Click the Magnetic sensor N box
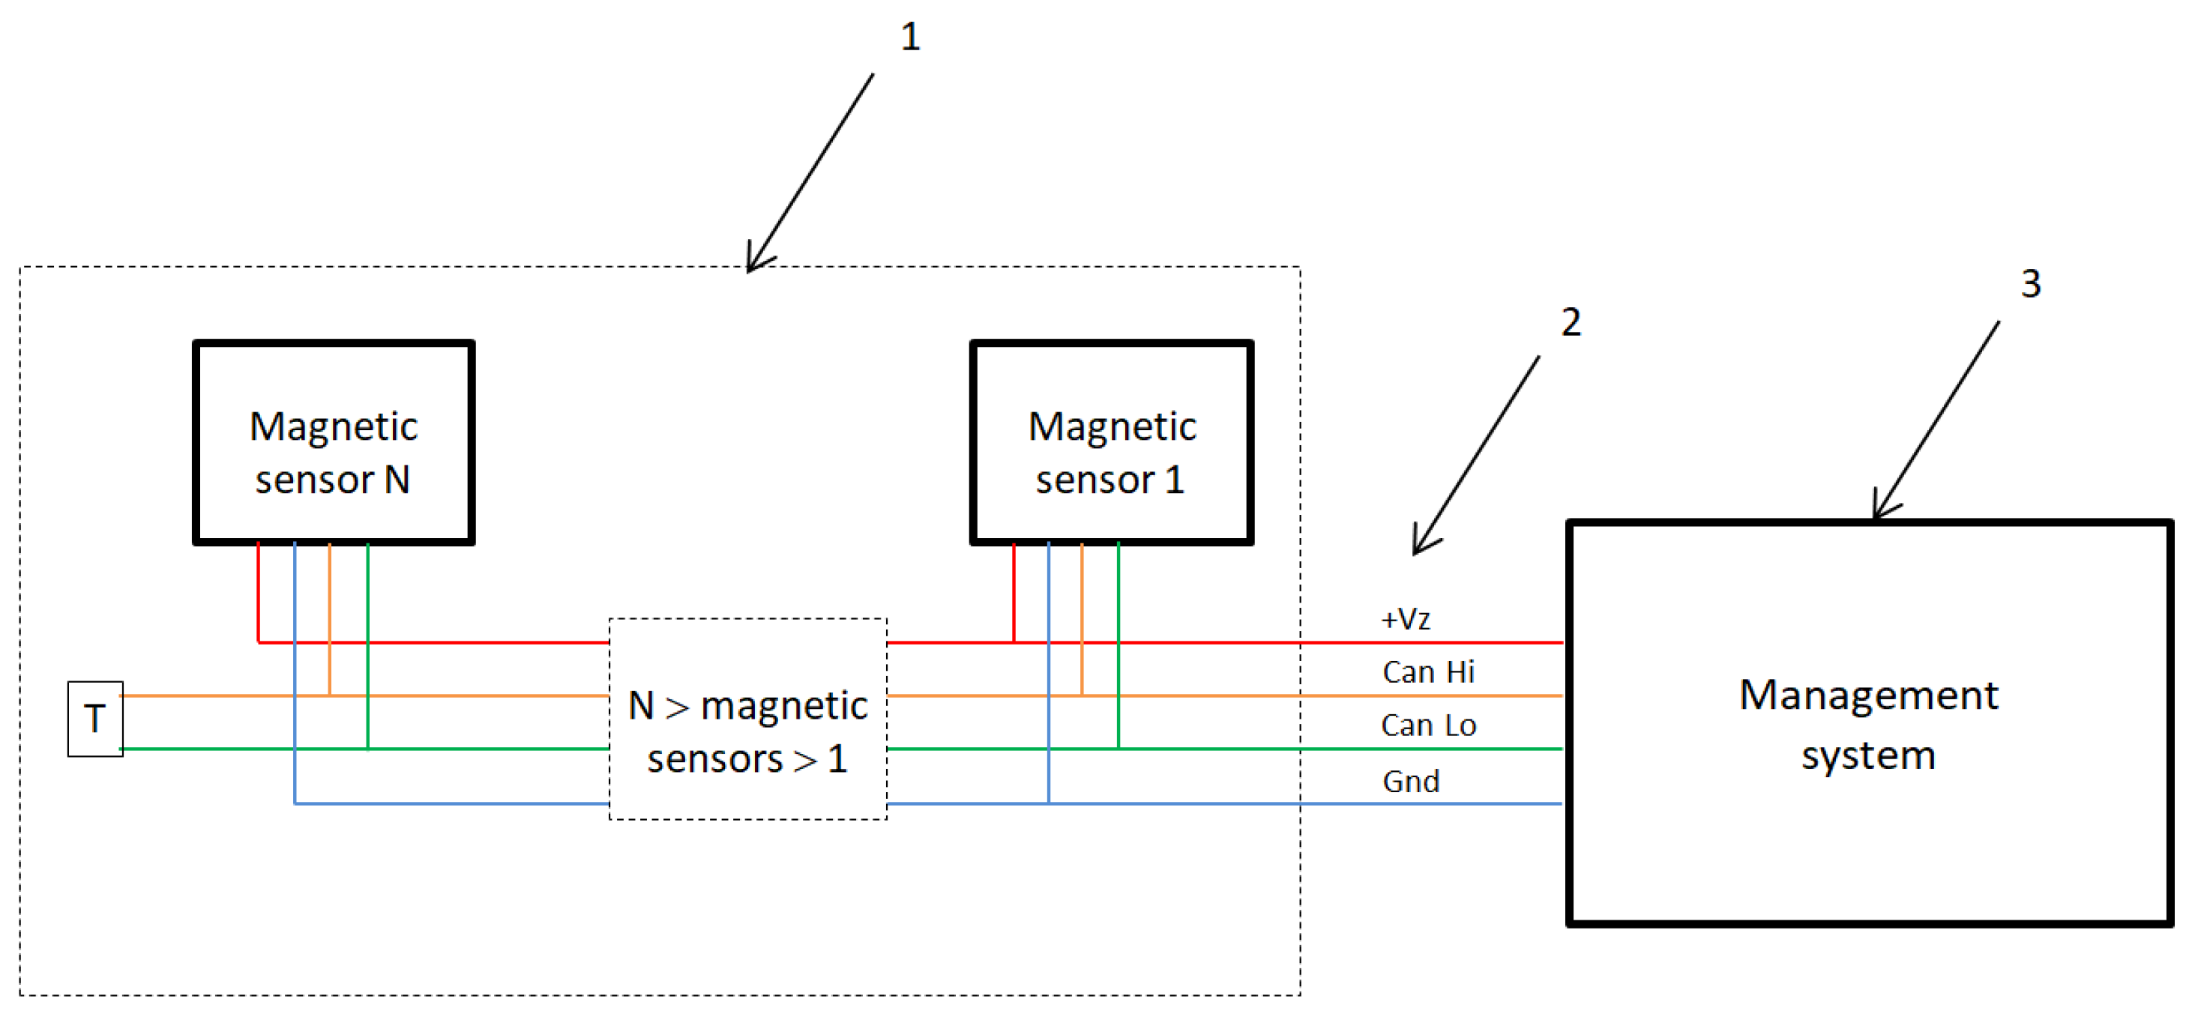click(x=334, y=442)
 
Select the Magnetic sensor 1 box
click(x=1111, y=442)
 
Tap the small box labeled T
click(x=95, y=719)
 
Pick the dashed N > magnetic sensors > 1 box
click(x=747, y=719)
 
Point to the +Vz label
click(x=1405, y=618)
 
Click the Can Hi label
click(x=1428, y=672)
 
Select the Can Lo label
click(x=1428, y=725)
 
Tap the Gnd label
click(x=1411, y=781)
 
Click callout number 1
click(x=909, y=37)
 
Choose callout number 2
click(x=1571, y=322)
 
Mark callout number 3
click(x=2031, y=283)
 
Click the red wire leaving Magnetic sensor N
click(x=259, y=591)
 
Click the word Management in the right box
click(x=1869, y=695)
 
